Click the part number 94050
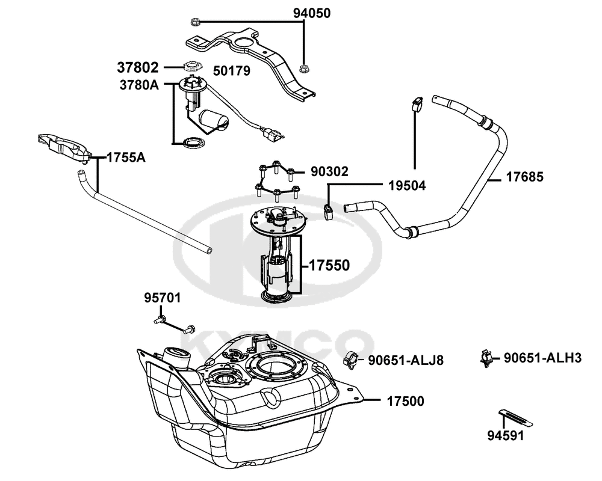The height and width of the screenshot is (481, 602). (x=312, y=13)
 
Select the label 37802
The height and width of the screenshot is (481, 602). (x=137, y=67)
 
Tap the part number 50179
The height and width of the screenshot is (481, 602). (x=232, y=70)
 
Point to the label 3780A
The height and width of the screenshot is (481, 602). (x=139, y=85)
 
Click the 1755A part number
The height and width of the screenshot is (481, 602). (x=126, y=158)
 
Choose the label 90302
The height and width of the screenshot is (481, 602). (x=329, y=171)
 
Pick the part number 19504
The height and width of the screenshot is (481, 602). (x=407, y=185)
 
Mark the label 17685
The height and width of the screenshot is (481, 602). (x=525, y=177)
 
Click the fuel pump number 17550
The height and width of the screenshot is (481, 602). (x=329, y=265)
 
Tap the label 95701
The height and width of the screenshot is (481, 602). (x=163, y=298)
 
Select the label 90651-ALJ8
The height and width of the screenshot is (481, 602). (x=406, y=360)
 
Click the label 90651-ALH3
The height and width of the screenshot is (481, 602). (x=542, y=358)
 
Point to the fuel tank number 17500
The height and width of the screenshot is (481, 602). (x=405, y=401)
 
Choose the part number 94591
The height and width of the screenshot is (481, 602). (x=506, y=435)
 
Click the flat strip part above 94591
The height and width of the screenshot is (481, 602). (x=516, y=418)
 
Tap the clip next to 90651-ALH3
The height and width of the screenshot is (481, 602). (x=486, y=358)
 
